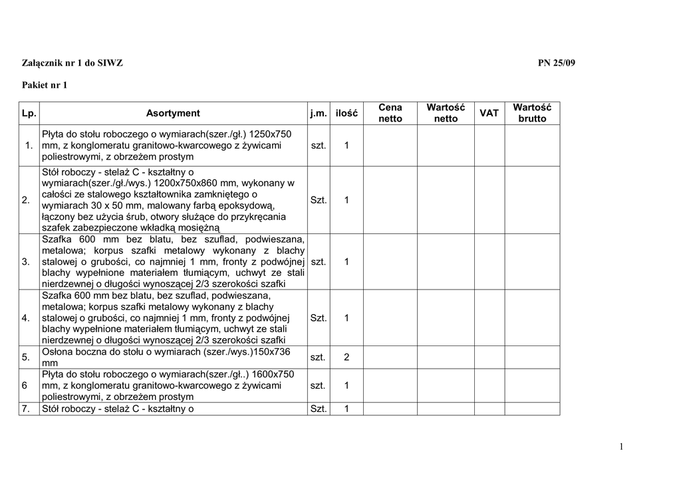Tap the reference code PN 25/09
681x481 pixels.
pos(557,63)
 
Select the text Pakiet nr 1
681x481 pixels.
pos(45,85)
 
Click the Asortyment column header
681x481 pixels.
pos(173,114)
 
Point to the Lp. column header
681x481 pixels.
pos(29,114)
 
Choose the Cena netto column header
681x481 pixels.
pos(390,113)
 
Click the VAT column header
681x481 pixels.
pos(489,114)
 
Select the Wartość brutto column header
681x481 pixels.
pos(532,113)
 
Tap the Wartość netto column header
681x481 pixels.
pos(446,113)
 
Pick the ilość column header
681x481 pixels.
pos(346,114)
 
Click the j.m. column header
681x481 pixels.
pos(319,114)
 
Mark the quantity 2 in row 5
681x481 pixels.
pos(346,357)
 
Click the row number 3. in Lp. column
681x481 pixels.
pos(26,262)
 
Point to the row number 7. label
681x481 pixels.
pos(26,409)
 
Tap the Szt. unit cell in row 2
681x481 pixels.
pos(319,200)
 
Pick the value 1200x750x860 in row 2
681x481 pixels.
pos(190,183)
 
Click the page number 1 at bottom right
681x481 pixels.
pos(621,447)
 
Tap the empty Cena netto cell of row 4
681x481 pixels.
pos(390,318)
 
